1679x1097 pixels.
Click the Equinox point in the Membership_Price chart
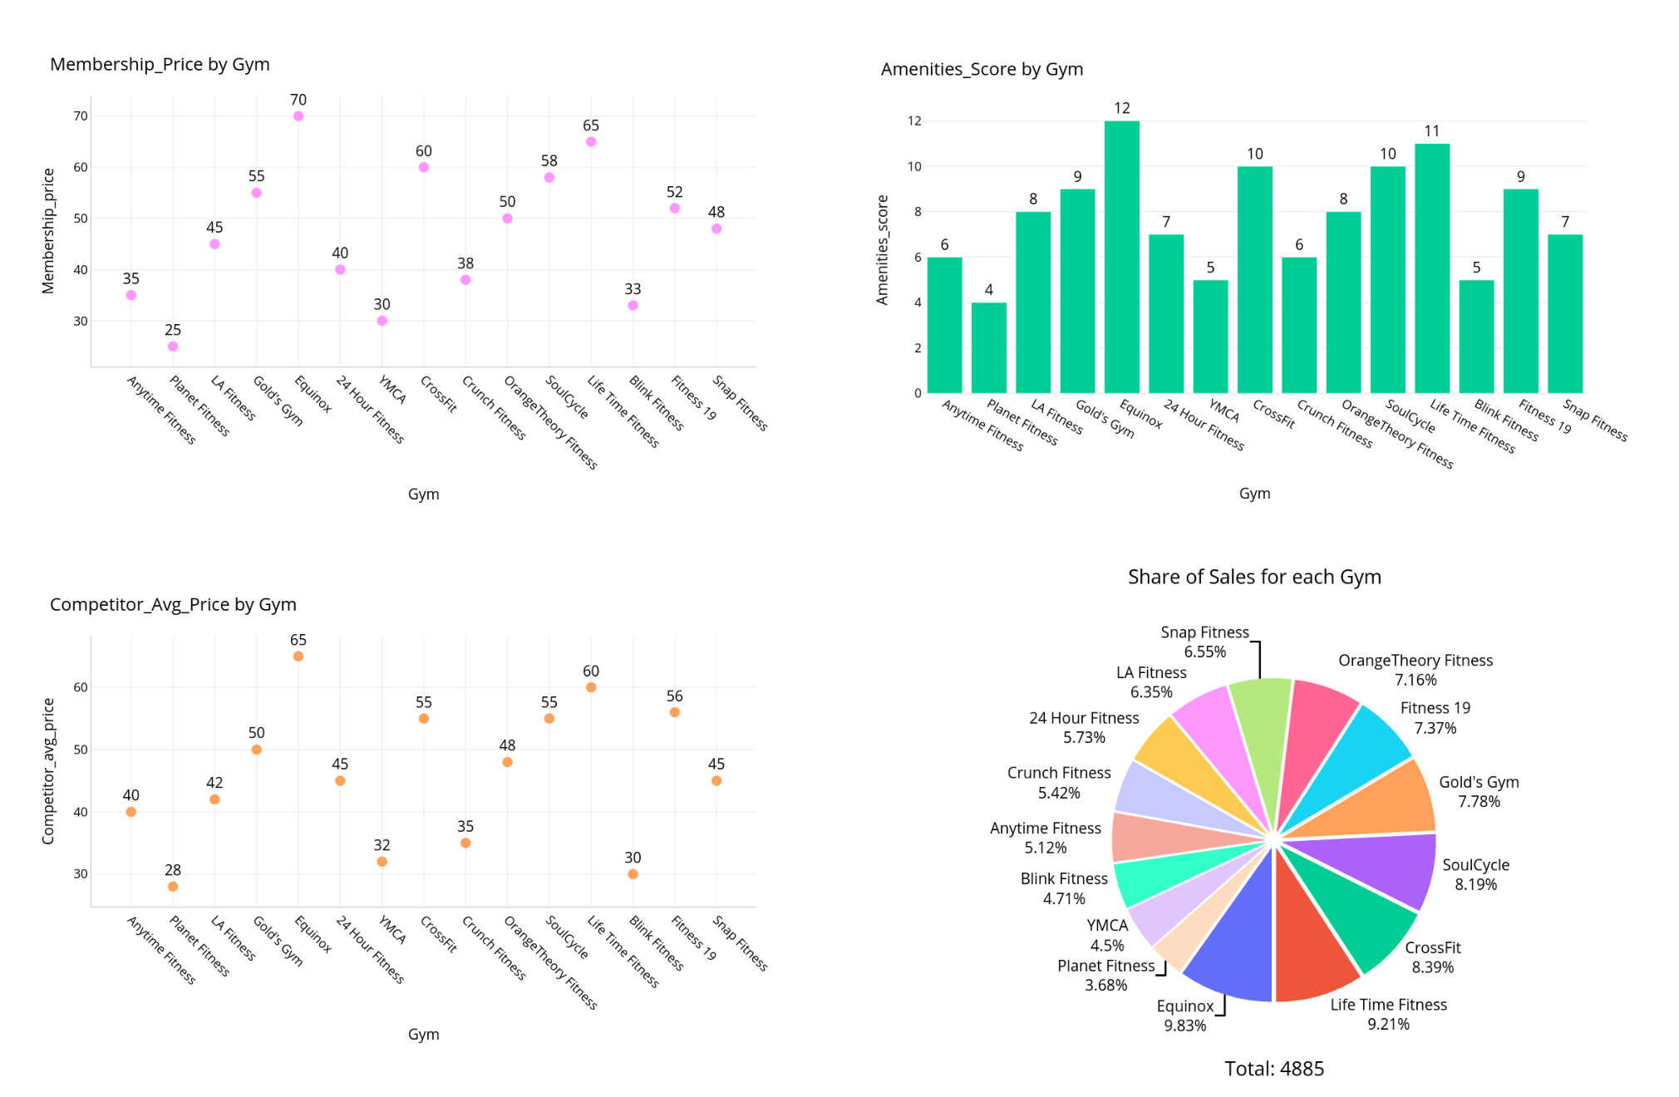click(x=298, y=116)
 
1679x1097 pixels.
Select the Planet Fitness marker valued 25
click(x=173, y=347)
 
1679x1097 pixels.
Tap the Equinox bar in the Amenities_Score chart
click(x=1121, y=258)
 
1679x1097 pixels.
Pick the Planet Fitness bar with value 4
click(x=988, y=348)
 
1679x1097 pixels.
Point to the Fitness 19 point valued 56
click(x=674, y=712)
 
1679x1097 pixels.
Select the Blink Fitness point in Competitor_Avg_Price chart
click(x=633, y=874)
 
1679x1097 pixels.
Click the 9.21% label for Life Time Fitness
click(x=1388, y=1025)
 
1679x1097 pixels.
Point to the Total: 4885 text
click(x=1273, y=1069)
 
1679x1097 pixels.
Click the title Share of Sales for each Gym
click(x=1253, y=577)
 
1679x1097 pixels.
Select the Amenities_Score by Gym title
click(x=982, y=69)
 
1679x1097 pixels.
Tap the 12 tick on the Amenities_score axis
click(x=914, y=121)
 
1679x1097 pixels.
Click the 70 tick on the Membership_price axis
click(x=81, y=116)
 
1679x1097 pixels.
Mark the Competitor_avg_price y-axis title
click(x=48, y=771)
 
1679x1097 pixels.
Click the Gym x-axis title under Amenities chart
click(x=1254, y=494)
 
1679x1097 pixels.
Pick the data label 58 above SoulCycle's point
click(x=549, y=160)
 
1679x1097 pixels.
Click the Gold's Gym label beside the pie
click(x=1479, y=782)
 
